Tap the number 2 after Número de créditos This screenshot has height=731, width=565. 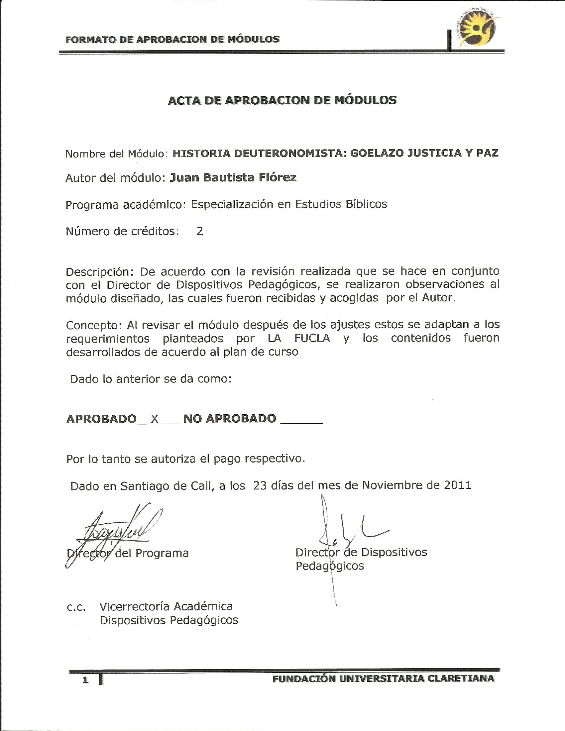(x=199, y=231)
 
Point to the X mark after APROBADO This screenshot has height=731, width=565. (x=154, y=418)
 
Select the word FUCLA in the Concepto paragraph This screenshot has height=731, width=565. (x=312, y=338)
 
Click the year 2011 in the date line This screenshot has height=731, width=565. (x=458, y=485)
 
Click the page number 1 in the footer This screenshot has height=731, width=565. (x=86, y=680)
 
